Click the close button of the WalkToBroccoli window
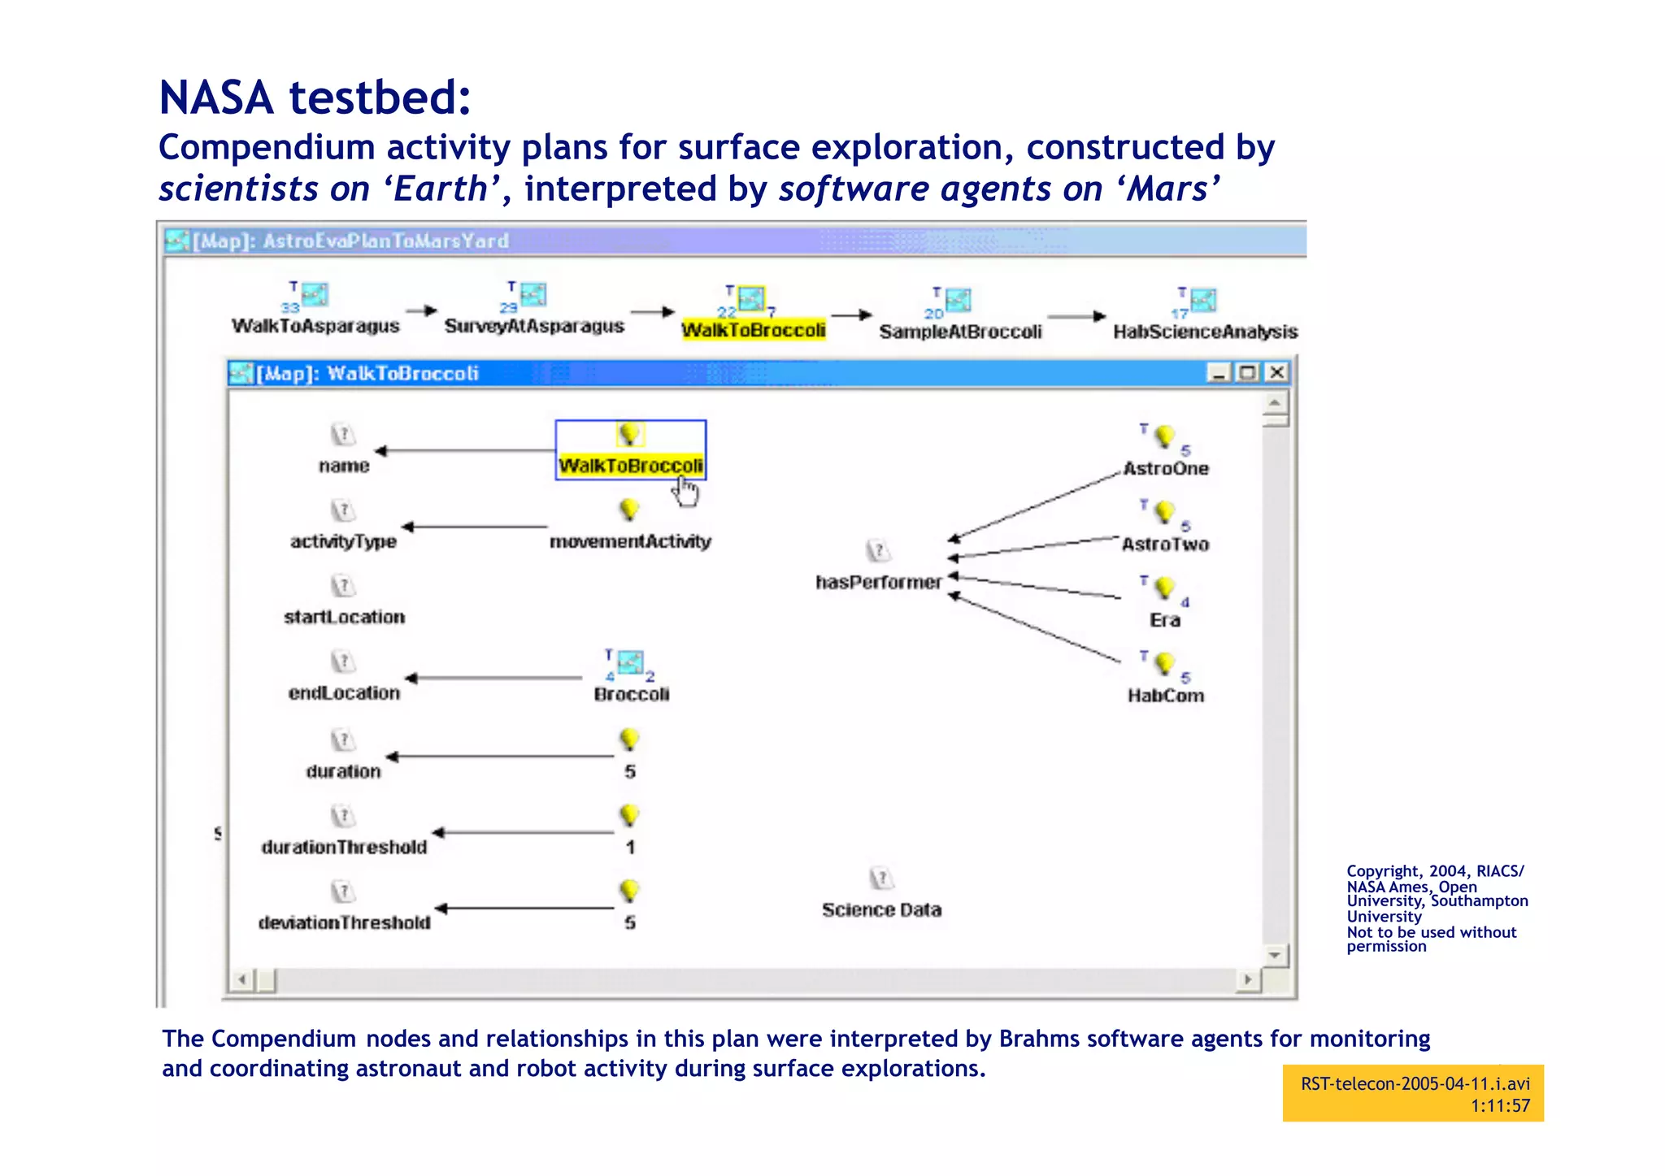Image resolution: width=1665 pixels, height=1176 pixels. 1277,372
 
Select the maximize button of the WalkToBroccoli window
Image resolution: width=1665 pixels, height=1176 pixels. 1247,372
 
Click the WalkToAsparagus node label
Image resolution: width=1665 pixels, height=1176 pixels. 315,326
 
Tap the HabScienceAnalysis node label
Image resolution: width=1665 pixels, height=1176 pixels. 1205,332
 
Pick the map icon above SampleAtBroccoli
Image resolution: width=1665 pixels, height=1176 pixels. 959,300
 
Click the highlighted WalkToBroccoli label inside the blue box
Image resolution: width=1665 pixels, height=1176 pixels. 631,466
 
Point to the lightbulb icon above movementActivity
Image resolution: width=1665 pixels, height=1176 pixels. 628,510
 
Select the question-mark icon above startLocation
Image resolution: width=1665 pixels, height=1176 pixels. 343,585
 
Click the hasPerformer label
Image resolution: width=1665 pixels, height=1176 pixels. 878,582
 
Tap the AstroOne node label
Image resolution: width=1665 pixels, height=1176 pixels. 1166,468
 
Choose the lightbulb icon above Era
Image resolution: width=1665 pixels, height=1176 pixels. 1164,587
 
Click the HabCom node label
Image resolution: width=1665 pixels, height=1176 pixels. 1166,696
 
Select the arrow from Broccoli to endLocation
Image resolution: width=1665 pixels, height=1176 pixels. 493,678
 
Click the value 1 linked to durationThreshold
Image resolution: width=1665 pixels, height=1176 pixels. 630,847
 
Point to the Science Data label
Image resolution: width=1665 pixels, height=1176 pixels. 881,909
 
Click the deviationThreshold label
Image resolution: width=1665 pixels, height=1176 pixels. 344,922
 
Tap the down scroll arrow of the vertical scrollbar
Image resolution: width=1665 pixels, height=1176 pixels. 1274,955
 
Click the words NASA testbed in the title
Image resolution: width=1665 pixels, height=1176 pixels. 315,98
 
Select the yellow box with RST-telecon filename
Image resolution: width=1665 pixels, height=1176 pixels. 1413,1094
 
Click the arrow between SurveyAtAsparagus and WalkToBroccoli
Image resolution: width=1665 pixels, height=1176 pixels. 653,312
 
